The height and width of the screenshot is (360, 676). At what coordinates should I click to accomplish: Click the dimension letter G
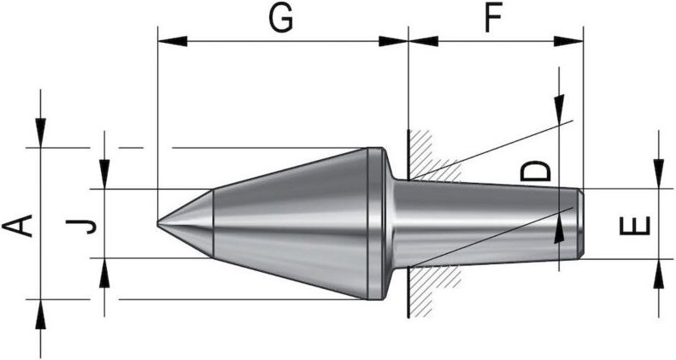(x=282, y=20)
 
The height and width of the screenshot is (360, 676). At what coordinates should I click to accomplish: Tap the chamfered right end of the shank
(x=579, y=223)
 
